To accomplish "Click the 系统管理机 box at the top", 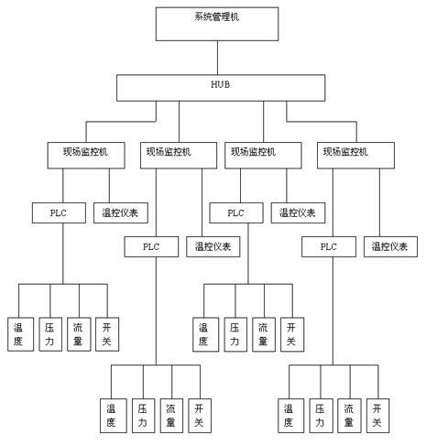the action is pyautogui.click(x=217, y=24).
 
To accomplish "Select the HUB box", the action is pyautogui.click(x=221, y=88).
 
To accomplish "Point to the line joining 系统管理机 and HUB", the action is pyautogui.click(x=217, y=58).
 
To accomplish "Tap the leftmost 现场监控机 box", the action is pyautogui.click(x=86, y=156).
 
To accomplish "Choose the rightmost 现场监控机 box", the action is pyautogui.click(x=355, y=156).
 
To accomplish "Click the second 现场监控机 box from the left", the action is pyautogui.click(x=179, y=156).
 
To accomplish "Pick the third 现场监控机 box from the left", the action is pyautogui.click(x=263, y=156).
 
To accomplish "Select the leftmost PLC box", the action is pyautogui.click(x=59, y=212).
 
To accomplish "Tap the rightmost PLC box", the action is pyautogui.click(x=329, y=246).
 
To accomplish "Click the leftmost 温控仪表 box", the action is pyautogui.click(x=121, y=212).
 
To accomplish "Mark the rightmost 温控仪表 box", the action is pyautogui.click(x=390, y=246).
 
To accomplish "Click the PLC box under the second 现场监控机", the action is pyautogui.click(x=151, y=246).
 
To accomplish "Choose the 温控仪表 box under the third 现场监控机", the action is pyautogui.click(x=298, y=212).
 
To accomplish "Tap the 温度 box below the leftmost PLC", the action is pyautogui.click(x=20, y=334).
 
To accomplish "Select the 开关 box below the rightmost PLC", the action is pyautogui.click(x=377, y=416).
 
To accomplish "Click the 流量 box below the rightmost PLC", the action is pyautogui.click(x=349, y=416).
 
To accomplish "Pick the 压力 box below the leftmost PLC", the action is pyautogui.click(x=50, y=334).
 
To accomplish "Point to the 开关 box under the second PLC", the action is pyautogui.click(x=200, y=416).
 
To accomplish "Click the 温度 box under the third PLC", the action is pyautogui.click(x=205, y=334).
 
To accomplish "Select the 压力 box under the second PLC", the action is pyautogui.click(x=144, y=416).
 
